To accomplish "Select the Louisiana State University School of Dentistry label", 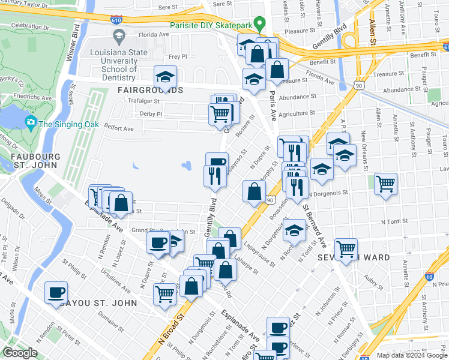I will pos(121,61).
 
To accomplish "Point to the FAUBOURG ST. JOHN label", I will pos(35,162).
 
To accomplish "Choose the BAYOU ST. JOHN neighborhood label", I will pos(98,303).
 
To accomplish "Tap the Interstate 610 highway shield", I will pos(117,19).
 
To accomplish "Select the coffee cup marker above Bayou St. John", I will pos(56,293).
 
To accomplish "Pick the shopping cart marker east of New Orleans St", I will pos(385,184).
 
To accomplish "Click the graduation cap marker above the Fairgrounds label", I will pos(164,77).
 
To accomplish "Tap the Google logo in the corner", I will pos(20,353).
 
